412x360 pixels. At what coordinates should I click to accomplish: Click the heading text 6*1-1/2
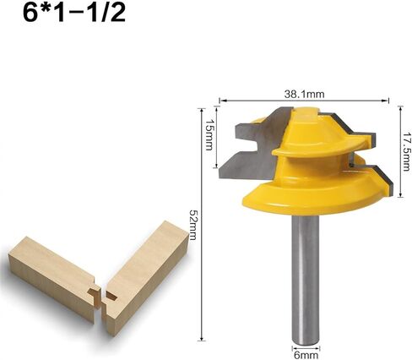tap(74, 14)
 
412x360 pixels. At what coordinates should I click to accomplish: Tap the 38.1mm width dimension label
tap(304, 94)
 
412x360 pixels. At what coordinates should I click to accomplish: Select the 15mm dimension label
tap(209, 134)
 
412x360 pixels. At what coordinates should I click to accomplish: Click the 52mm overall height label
tap(192, 225)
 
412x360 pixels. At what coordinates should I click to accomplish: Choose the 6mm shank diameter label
tap(306, 355)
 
